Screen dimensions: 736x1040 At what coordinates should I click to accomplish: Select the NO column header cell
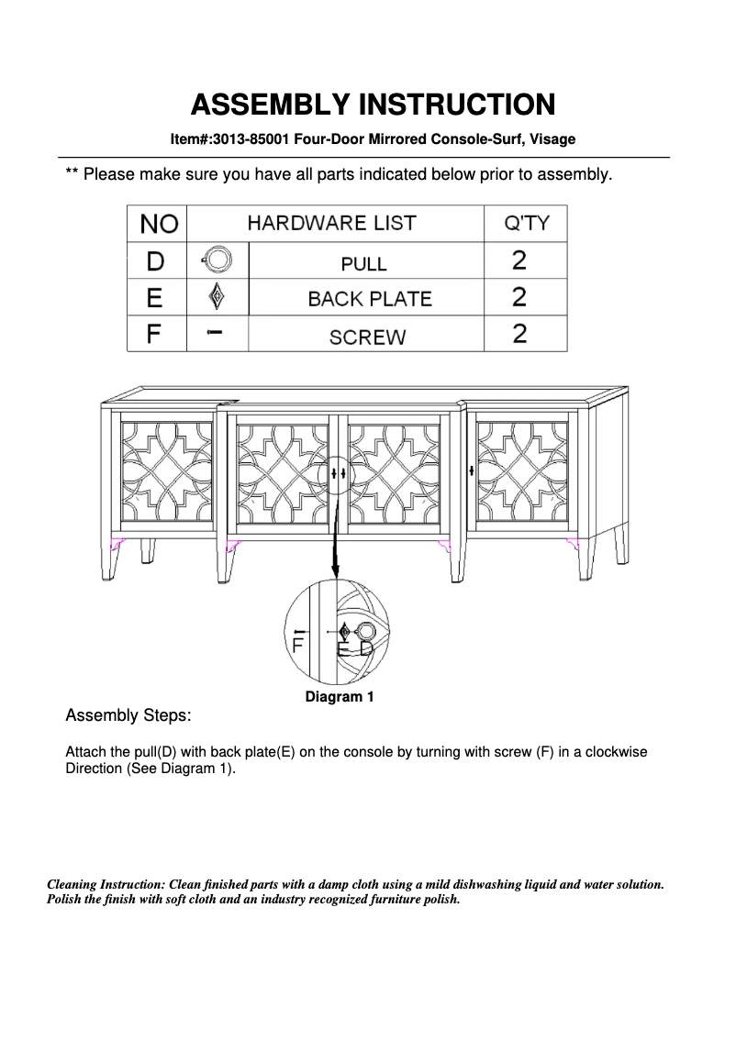pos(157,224)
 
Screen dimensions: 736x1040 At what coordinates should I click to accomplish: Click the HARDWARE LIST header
pos(331,223)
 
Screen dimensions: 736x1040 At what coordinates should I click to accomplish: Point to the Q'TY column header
pos(526,223)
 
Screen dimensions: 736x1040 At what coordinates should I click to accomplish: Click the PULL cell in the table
pos(364,263)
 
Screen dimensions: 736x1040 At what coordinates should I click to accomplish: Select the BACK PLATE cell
pos(369,299)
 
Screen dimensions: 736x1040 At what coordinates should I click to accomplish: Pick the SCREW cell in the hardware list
pos(367,337)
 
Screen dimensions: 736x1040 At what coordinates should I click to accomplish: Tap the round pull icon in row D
pos(217,260)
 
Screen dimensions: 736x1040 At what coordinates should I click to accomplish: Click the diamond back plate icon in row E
pos(217,297)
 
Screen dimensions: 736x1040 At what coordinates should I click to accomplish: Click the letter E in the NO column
pos(155,298)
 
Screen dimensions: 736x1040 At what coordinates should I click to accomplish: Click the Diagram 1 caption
pos(340,697)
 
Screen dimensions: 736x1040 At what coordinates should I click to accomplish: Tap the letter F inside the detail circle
pos(297,645)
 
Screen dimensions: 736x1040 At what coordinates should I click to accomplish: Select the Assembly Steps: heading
pos(128,714)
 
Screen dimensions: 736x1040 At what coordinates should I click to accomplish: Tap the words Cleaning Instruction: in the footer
pos(106,885)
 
